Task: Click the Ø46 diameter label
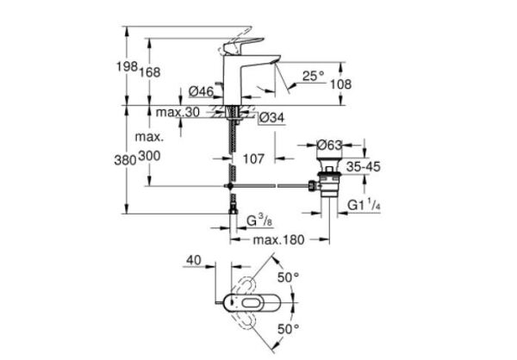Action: [x=200, y=92]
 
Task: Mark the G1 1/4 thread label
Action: [x=364, y=206]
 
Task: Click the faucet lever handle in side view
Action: [x=244, y=46]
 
